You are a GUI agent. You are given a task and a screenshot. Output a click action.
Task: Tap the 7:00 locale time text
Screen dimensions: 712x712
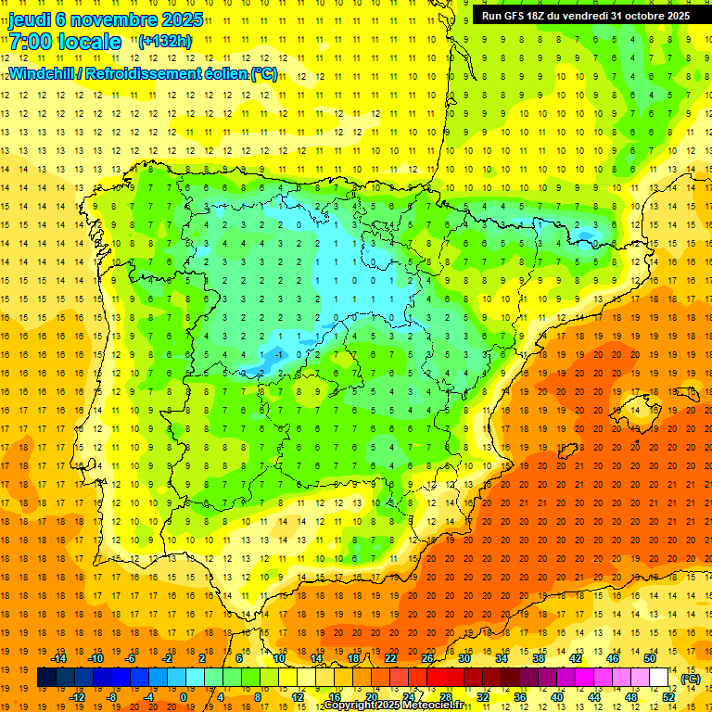pos(65,42)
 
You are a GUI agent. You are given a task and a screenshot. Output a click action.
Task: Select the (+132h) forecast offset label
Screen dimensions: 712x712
pos(164,41)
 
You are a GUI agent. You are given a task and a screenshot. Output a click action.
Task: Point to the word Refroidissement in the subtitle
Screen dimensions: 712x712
pos(142,73)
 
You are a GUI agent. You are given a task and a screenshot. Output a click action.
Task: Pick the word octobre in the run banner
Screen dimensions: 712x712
pos(645,16)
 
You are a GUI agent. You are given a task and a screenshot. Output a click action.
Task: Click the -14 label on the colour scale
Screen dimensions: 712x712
pos(59,657)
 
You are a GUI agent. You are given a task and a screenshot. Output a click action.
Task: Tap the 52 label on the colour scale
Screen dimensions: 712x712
pos(669,697)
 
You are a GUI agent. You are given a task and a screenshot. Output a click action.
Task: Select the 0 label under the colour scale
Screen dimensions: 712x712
pos(184,697)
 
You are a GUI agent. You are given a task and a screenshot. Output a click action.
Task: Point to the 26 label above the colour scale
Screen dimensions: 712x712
pos(427,657)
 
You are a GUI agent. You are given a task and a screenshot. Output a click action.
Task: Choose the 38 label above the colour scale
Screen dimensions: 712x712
pos(538,657)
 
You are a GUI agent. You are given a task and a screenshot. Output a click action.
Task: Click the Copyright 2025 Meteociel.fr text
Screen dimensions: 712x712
pos(393,706)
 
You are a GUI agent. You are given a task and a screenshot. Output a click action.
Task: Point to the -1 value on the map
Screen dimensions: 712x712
pos(279,353)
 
